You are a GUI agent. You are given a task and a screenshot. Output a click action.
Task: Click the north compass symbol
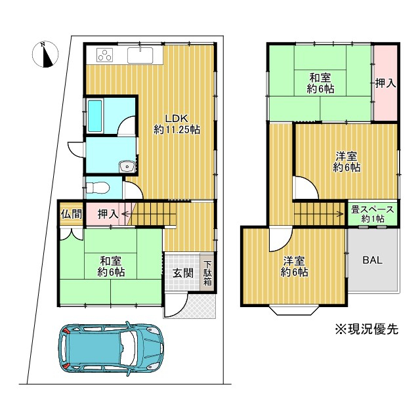pyautogui.click(x=45, y=54)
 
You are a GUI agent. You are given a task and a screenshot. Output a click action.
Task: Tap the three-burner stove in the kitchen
pyautogui.click(x=105, y=55)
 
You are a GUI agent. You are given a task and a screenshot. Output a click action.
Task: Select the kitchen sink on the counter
pyautogui.click(x=140, y=55)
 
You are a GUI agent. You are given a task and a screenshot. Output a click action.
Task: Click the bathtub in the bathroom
pyautogui.click(x=95, y=115)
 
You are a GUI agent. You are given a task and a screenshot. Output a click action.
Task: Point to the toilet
pyautogui.click(x=97, y=188)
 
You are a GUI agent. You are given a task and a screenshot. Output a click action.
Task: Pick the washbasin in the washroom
pyautogui.click(x=127, y=167)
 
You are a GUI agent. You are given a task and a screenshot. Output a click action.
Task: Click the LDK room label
pyautogui.click(x=177, y=124)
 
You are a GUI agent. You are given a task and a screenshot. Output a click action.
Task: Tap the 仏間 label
pyautogui.click(x=72, y=214)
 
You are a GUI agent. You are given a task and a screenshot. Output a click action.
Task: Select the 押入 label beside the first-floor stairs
pyautogui.click(x=108, y=214)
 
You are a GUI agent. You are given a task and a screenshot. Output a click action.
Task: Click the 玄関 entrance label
pyautogui.click(x=182, y=273)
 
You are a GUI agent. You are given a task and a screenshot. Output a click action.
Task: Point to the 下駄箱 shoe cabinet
pyautogui.click(x=207, y=273)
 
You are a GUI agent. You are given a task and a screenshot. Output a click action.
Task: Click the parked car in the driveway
pyautogui.click(x=111, y=348)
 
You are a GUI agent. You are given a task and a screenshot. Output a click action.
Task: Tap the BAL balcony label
pyautogui.click(x=372, y=260)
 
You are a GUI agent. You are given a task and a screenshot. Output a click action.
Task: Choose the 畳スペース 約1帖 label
pyautogui.click(x=373, y=214)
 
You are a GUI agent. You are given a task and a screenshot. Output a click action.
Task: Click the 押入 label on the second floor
pyautogui.click(x=385, y=83)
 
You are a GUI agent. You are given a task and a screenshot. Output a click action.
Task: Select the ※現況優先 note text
pyautogui.click(x=367, y=329)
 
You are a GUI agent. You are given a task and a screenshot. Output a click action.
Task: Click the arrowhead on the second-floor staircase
pyautogui.click(x=341, y=214)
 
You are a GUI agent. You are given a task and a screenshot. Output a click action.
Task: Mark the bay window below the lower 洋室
pyautogui.click(x=294, y=310)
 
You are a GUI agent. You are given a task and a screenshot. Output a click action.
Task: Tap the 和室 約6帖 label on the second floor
pyautogui.click(x=320, y=83)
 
